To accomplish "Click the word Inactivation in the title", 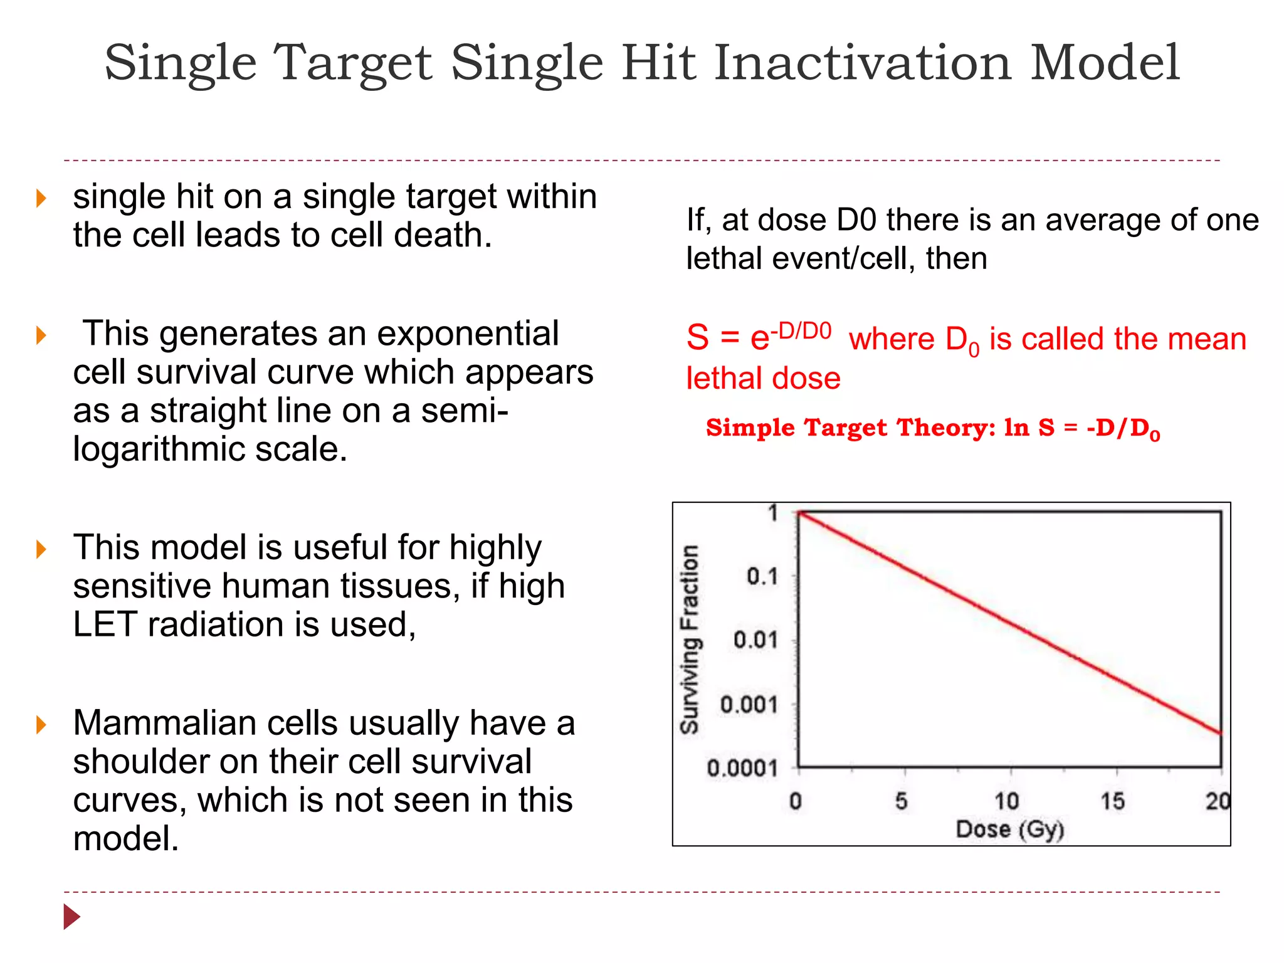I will point(863,63).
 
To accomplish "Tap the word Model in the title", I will point(1105,63).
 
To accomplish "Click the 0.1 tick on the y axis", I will point(762,576).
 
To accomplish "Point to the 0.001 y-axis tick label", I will point(749,705).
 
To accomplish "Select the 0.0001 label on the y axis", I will point(742,768).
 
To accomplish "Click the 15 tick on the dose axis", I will point(1112,801).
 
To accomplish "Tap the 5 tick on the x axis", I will point(901,801).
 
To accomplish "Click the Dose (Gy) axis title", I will point(1009,829).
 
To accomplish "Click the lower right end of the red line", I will point(1219,732).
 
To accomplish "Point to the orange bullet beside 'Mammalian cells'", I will point(41,725).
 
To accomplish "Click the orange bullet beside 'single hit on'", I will point(41,199).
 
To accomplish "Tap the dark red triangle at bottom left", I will point(71,917).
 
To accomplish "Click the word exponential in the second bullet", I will point(467,334).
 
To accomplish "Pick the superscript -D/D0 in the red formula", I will point(801,330).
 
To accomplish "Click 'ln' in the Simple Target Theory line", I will point(1016,428).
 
